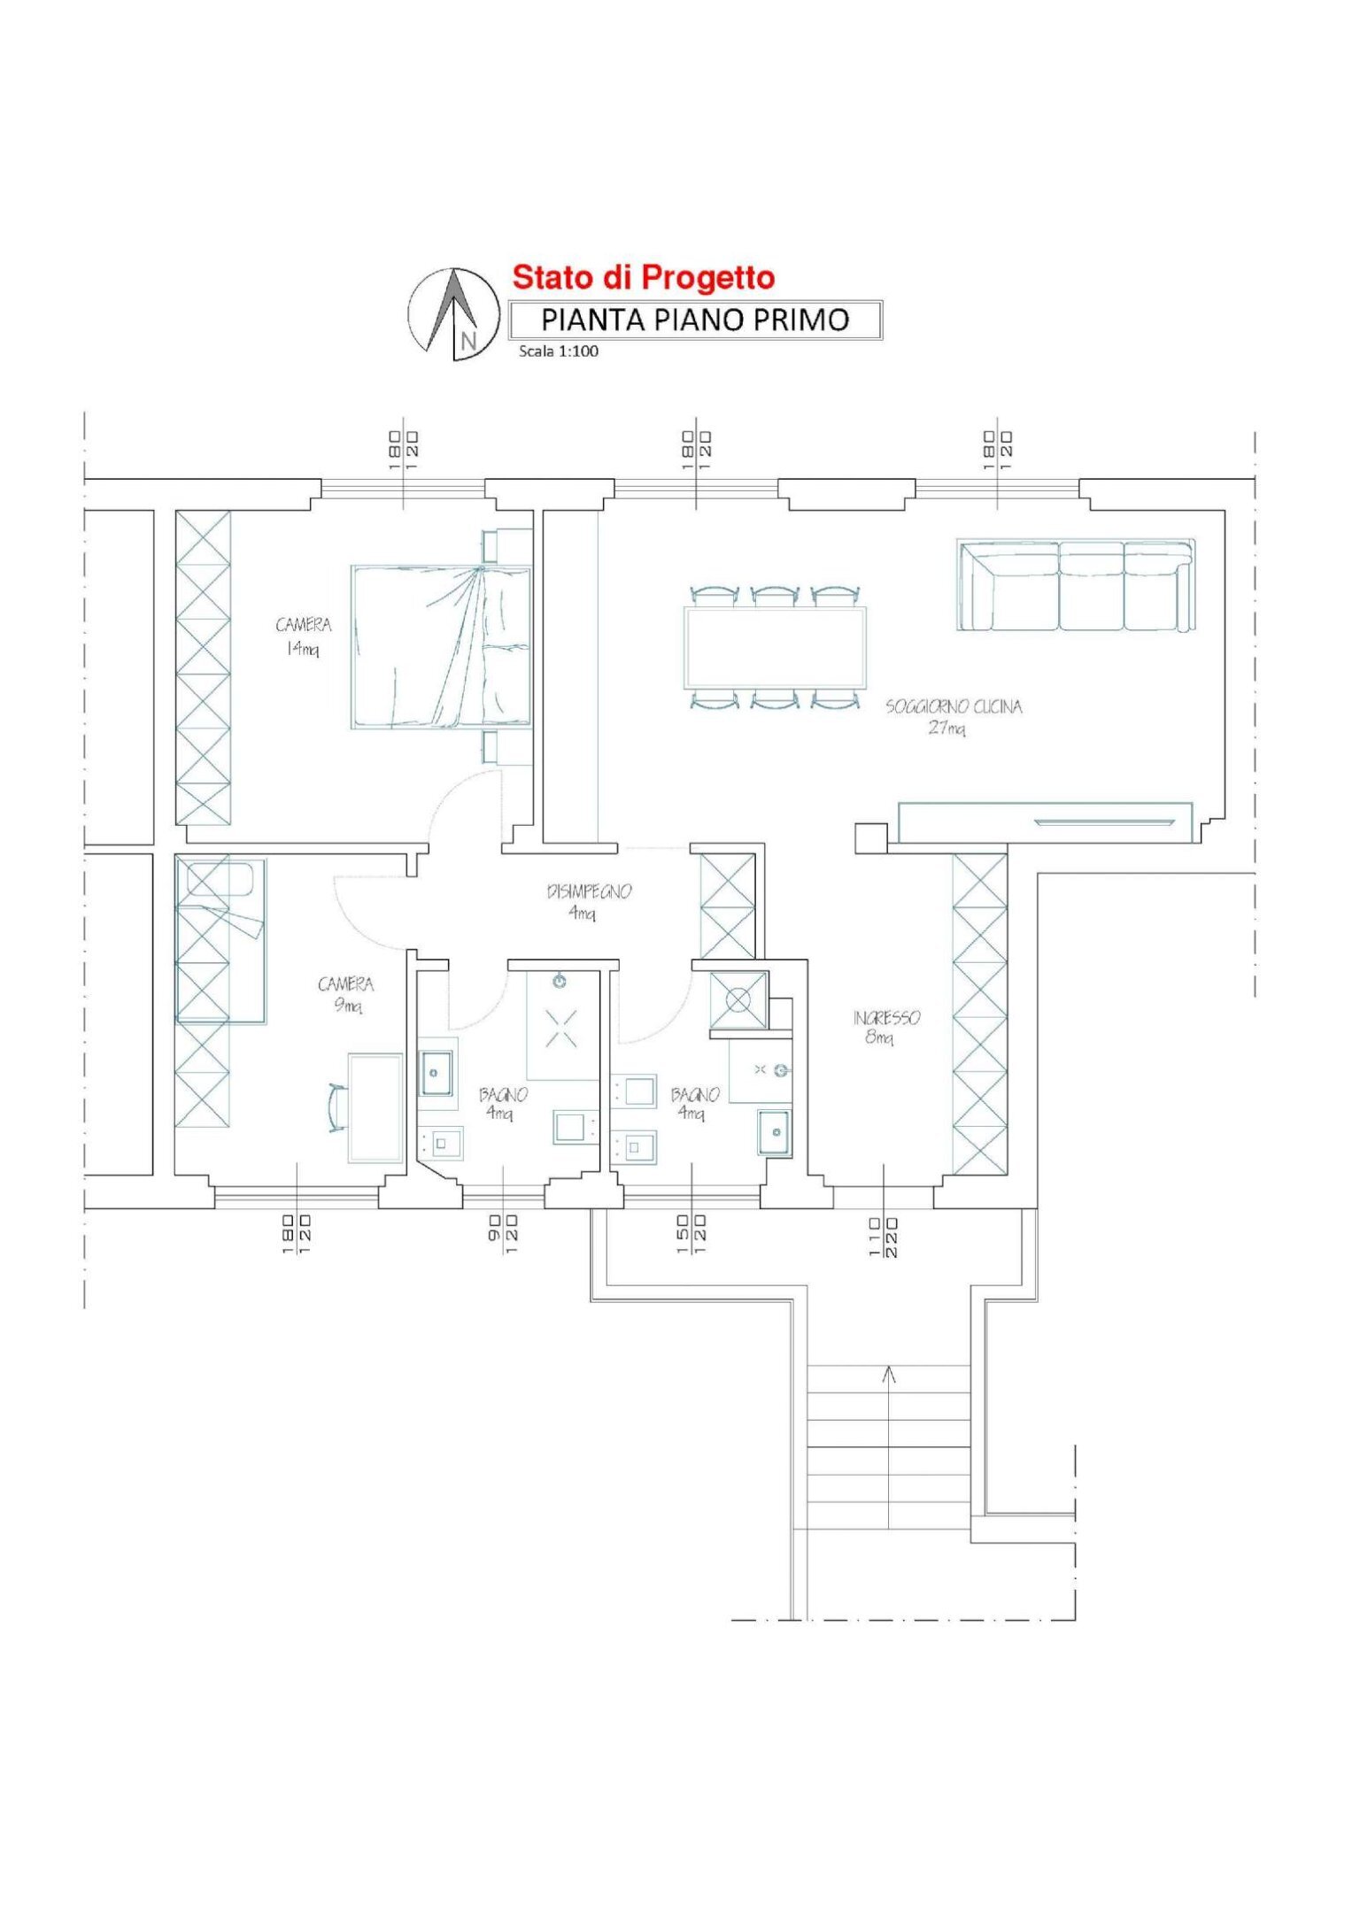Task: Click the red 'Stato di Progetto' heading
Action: tap(644, 278)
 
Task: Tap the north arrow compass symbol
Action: tap(454, 314)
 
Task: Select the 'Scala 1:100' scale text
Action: tap(559, 351)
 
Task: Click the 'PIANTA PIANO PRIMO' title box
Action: tap(695, 320)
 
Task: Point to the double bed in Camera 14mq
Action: tap(441, 647)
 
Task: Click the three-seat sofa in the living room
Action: tap(1076, 585)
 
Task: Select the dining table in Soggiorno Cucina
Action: tap(775, 648)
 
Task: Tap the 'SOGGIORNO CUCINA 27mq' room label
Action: tap(954, 717)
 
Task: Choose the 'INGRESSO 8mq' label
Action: tap(886, 1027)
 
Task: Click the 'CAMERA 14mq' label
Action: tap(303, 636)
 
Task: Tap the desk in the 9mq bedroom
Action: tap(375, 1107)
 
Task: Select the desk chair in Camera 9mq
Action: tap(336, 1107)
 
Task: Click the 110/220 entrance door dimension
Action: tap(883, 1237)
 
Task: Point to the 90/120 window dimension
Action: tap(503, 1233)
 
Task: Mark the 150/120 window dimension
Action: tap(691, 1233)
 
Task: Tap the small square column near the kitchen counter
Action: tap(870, 837)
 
